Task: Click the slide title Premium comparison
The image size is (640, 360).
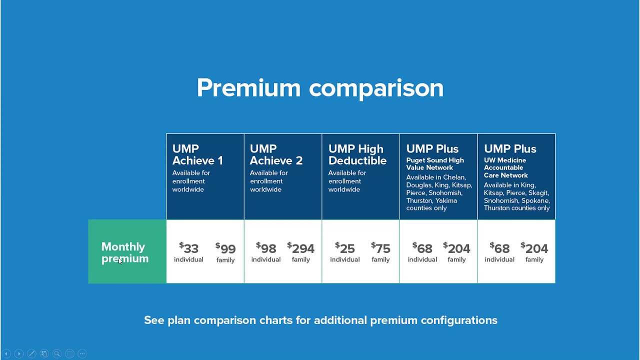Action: click(320, 88)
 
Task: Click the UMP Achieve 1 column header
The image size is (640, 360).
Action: click(197, 154)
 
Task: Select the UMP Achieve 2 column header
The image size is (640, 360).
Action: click(276, 154)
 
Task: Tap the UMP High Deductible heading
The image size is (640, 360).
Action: click(357, 154)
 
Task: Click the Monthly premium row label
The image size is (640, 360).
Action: click(125, 252)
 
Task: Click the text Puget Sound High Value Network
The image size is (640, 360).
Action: click(434, 164)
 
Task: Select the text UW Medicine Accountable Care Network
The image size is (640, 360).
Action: click(505, 167)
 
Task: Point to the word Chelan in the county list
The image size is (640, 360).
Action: click(454, 177)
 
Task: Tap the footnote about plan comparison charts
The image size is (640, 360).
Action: click(320, 320)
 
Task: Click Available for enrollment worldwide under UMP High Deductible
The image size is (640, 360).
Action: click(347, 181)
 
